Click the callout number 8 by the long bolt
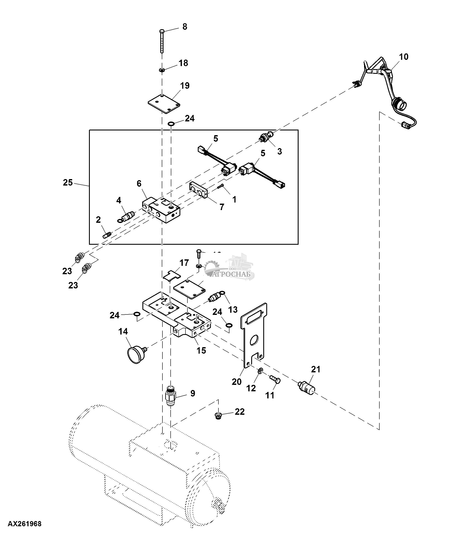(185, 27)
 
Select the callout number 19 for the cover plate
(185, 86)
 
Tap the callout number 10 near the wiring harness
(404, 57)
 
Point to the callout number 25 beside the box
(68, 183)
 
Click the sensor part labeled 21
(307, 388)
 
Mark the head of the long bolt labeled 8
(162, 31)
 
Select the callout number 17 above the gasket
(184, 263)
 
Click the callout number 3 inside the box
(280, 151)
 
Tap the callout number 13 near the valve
(233, 310)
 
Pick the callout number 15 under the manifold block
(201, 350)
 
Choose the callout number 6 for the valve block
(139, 184)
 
